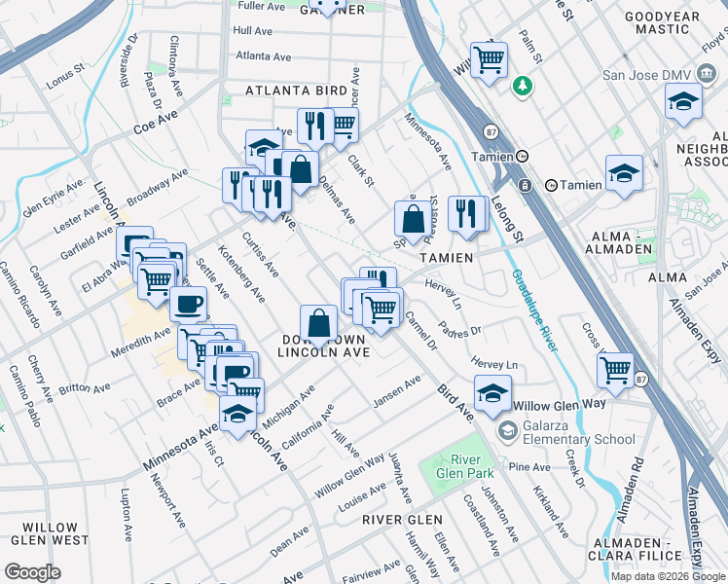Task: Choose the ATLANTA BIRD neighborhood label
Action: pos(296,91)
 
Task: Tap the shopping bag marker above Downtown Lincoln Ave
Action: pos(318,322)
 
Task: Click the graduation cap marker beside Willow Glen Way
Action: pos(493,391)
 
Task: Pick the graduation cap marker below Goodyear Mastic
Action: pos(684,100)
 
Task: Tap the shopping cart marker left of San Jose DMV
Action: pos(489,58)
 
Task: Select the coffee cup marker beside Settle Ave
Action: pos(188,303)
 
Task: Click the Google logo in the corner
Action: pos(32,571)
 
